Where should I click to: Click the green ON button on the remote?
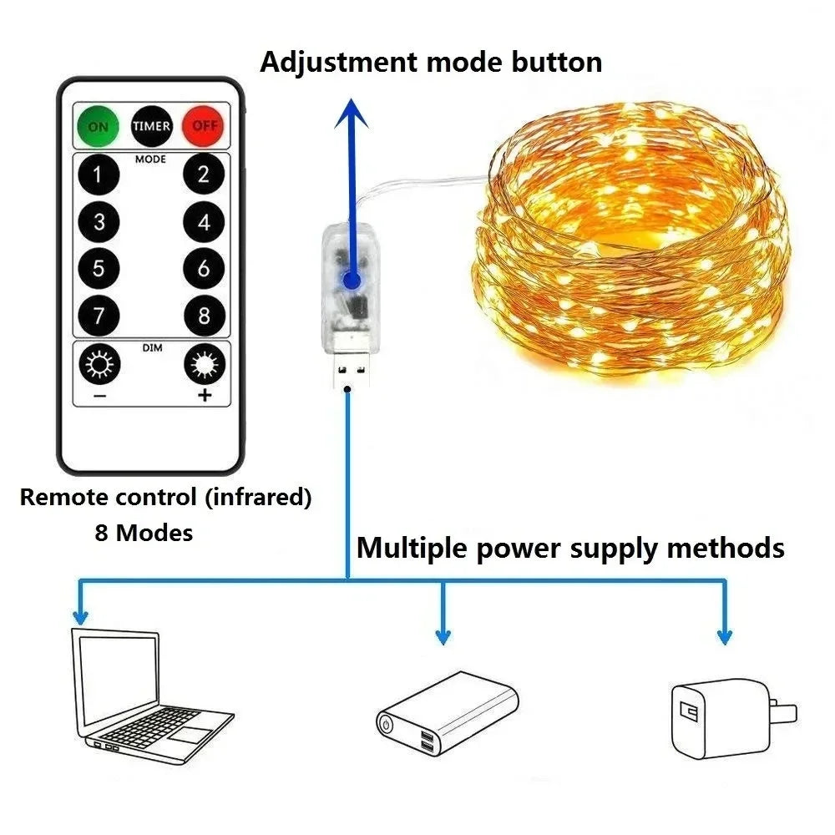[99, 127]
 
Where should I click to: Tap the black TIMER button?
[151, 127]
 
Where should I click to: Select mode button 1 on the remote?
[99, 175]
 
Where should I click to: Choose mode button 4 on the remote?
[205, 223]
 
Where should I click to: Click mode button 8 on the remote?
[205, 316]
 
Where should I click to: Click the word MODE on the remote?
[151, 159]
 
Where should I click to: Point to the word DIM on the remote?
[151, 347]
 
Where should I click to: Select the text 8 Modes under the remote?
[144, 533]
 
